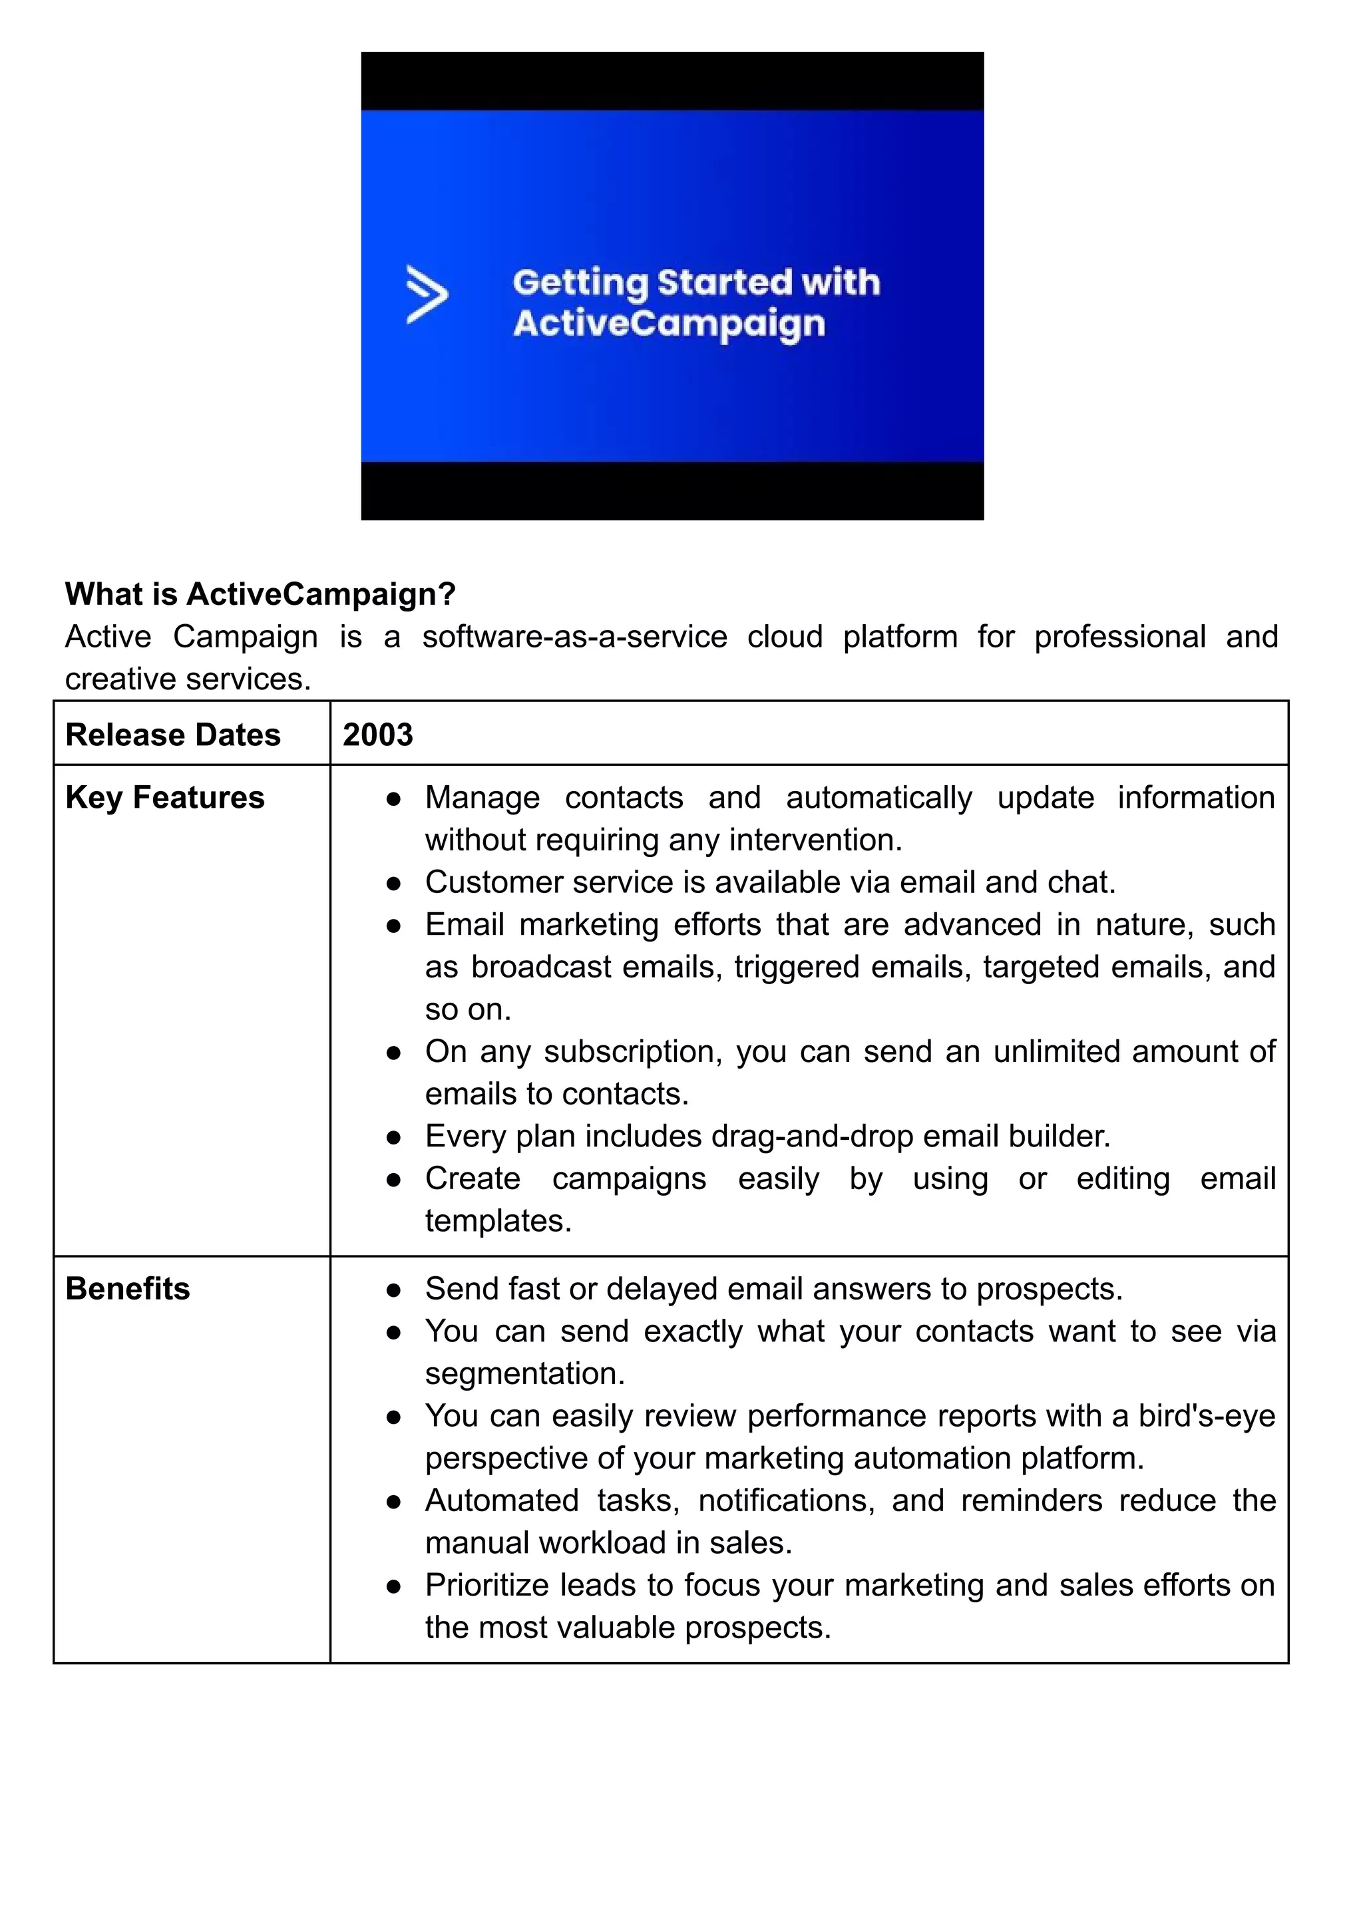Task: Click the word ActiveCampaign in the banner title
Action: coord(669,324)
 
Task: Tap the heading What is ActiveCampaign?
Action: coord(260,594)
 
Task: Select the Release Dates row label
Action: coord(173,735)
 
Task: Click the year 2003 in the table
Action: coord(377,735)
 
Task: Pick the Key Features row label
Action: coord(164,798)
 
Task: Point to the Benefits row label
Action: coord(128,1289)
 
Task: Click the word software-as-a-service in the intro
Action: coord(574,637)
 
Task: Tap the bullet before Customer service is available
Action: coord(393,884)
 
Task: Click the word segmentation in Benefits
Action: coord(523,1373)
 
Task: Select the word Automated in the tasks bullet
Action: coord(502,1500)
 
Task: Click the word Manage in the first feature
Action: coord(482,798)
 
